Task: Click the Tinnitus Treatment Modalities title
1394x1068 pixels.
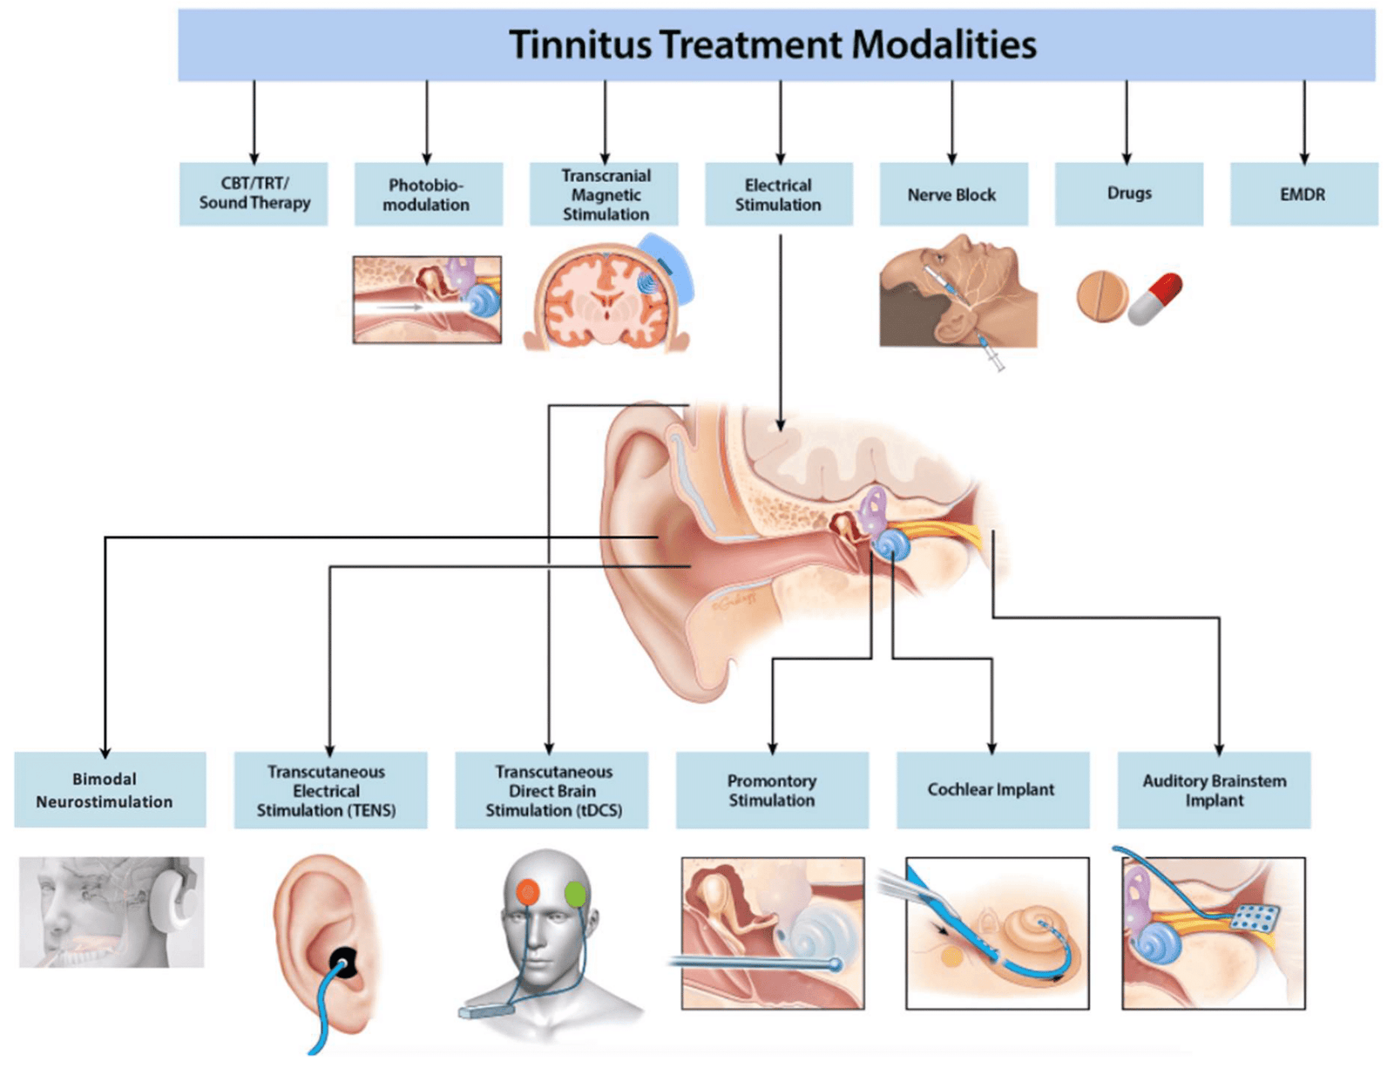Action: pyautogui.click(x=773, y=44)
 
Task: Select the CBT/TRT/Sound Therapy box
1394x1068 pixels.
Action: pyautogui.click(x=254, y=193)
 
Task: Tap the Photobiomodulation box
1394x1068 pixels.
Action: pyautogui.click(x=428, y=194)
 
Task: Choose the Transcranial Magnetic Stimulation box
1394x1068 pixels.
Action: pyautogui.click(x=605, y=194)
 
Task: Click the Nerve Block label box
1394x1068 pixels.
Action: pyautogui.click(x=952, y=194)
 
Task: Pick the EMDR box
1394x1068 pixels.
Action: pyautogui.click(x=1303, y=194)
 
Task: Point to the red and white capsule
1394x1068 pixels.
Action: pyautogui.click(x=1155, y=299)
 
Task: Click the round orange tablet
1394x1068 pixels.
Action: pyautogui.click(x=1101, y=296)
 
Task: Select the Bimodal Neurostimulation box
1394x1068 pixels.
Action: pyautogui.click(x=105, y=790)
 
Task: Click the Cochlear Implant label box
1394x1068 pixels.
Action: pyautogui.click(x=991, y=790)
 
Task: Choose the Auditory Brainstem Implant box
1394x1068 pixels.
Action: pyautogui.click(x=1214, y=790)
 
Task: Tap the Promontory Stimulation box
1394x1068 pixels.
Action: pyautogui.click(x=772, y=790)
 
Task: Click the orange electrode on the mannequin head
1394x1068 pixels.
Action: pyautogui.click(x=528, y=891)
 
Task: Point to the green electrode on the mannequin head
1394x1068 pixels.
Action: pyautogui.click(x=575, y=893)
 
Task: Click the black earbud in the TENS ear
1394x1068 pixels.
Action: pyautogui.click(x=342, y=963)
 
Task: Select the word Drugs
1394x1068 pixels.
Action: pyautogui.click(x=1129, y=193)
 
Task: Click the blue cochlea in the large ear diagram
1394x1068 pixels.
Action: pyautogui.click(x=891, y=545)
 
